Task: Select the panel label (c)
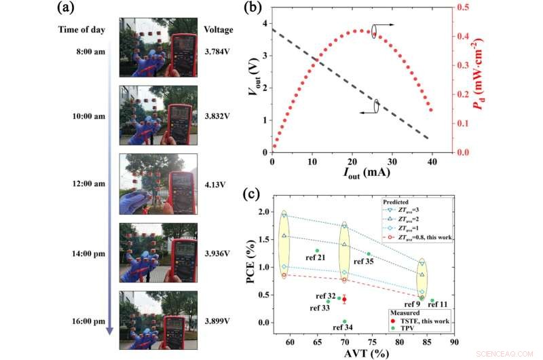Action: tap(250, 192)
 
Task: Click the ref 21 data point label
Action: tap(316, 258)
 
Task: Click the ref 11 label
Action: tap(437, 305)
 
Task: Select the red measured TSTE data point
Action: tap(344, 299)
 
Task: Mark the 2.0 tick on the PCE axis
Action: tap(262, 212)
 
